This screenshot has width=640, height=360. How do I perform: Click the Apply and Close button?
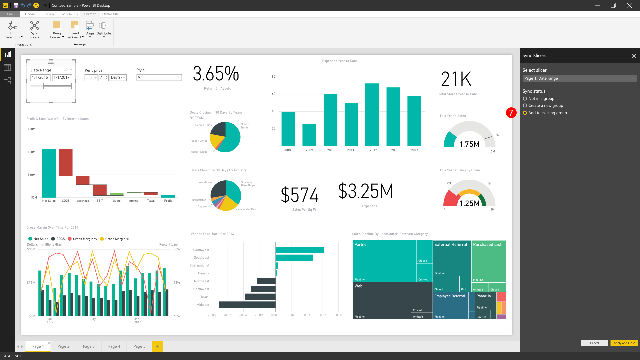coord(624,343)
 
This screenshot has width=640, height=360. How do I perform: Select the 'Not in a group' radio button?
coord(525,99)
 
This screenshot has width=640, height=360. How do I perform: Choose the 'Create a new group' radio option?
coord(525,106)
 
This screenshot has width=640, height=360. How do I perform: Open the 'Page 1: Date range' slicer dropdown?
coord(579,78)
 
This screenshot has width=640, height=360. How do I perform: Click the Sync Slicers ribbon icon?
coord(34,29)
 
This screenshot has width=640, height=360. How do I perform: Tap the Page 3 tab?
coord(89,346)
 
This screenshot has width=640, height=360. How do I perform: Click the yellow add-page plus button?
coord(157,346)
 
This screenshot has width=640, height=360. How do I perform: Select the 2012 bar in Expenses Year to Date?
coord(372,115)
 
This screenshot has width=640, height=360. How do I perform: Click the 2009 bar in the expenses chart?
coord(309,135)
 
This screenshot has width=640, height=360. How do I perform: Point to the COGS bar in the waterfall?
coord(66,162)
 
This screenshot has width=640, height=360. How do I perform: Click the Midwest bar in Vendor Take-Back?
coord(247,304)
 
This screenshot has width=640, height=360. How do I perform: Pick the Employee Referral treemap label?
coord(449,296)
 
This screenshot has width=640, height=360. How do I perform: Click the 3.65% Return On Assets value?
coord(216,74)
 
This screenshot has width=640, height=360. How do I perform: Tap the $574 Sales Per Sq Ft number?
coord(299,195)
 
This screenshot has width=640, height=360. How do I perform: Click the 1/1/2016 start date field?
coord(40,77)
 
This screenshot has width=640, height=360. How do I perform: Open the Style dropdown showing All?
coord(159,77)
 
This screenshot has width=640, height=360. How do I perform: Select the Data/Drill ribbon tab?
coord(110,14)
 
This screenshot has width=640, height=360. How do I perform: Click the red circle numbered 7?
coord(511,113)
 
